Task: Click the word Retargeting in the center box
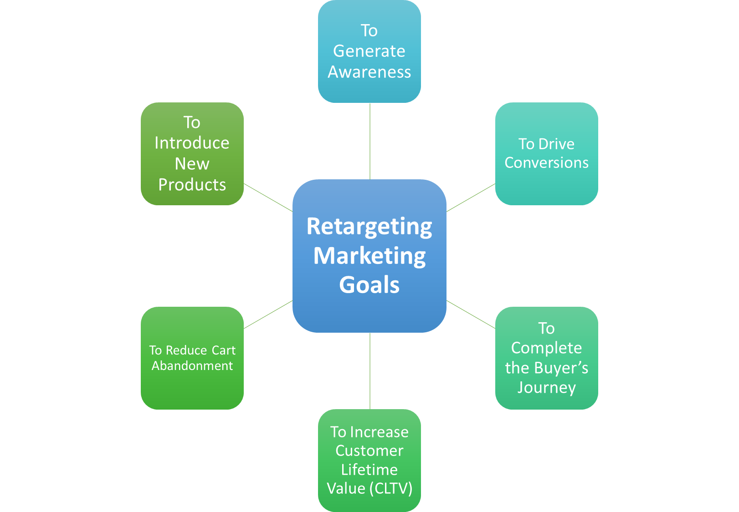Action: [x=369, y=227]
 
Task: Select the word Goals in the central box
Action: [x=369, y=285]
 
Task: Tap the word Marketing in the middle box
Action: [x=369, y=256]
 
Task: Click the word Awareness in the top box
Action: [x=369, y=72]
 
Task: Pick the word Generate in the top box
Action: [x=369, y=51]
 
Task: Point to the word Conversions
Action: [x=546, y=162]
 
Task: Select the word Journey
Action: [x=546, y=387]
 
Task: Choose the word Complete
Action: [x=546, y=348]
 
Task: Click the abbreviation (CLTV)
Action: [x=391, y=488]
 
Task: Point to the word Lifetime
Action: [x=369, y=469]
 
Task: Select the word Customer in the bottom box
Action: [x=369, y=451]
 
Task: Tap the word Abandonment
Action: [x=192, y=365]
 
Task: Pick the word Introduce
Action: [x=192, y=143]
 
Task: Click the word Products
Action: [x=192, y=185]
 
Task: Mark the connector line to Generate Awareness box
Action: [x=370, y=141]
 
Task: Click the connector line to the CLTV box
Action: [x=370, y=371]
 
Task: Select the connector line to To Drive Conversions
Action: [x=471, y=198]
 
